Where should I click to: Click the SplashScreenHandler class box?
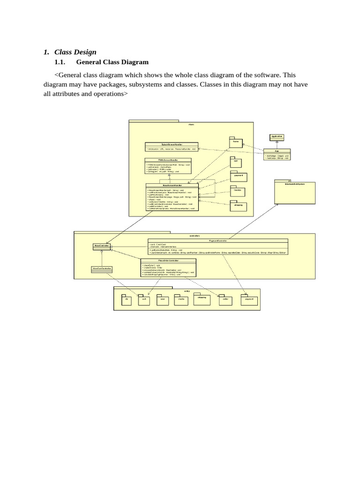coord(172,147)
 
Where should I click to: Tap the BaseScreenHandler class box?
coord(172,197)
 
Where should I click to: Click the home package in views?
coord(236,142)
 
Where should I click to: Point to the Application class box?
coord(277,136)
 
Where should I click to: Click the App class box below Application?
coord(277,155)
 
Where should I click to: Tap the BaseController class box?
coord(102,245)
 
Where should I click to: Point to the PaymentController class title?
coord(217,240)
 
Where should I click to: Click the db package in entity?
coord(127,300)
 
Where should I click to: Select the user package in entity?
coord(162,300)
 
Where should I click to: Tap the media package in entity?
coord(180,300)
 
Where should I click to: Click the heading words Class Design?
coord(75,52)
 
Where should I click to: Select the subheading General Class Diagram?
coord(112,62)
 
